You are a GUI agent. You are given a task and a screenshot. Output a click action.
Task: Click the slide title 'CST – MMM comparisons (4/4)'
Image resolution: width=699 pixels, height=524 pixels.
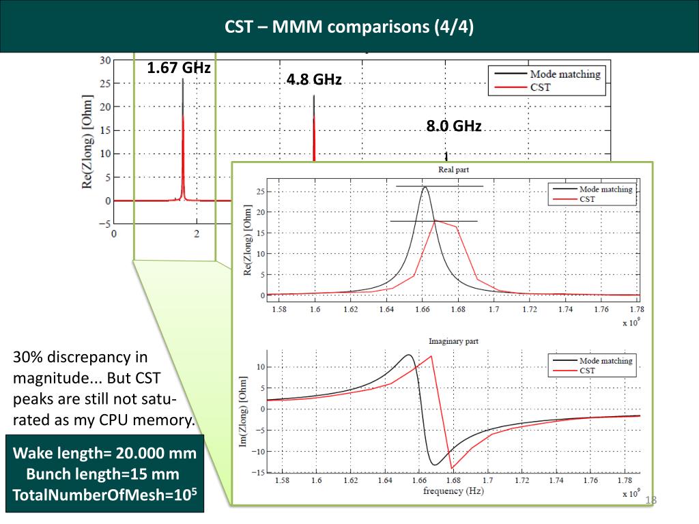(x=349, y=27)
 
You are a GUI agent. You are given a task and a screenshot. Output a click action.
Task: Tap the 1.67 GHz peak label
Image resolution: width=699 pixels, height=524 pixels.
(x=179, y=68)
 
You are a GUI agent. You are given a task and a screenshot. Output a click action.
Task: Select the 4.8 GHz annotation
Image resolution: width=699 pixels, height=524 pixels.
(x=314, y=79)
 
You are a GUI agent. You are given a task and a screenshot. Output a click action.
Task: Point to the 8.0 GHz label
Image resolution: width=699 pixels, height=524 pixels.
(x=454, y=126)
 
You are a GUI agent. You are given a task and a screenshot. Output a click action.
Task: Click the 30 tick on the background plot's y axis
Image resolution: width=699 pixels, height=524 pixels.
(x=105, y=60)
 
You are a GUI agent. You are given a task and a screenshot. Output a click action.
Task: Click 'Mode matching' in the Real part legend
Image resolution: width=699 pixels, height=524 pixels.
(x=605, y=189)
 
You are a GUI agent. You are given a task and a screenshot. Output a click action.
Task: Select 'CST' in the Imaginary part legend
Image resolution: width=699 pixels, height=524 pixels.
(x=587, y=370)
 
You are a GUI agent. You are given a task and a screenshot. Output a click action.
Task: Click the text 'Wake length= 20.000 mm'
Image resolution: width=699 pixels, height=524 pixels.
(x=105, y=453)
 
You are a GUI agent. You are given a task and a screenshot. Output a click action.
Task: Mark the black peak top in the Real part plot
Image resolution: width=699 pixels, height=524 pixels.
(x=425, y=187)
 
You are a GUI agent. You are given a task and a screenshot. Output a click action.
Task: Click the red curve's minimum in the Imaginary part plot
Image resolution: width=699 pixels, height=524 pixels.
(x=451, y=468)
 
